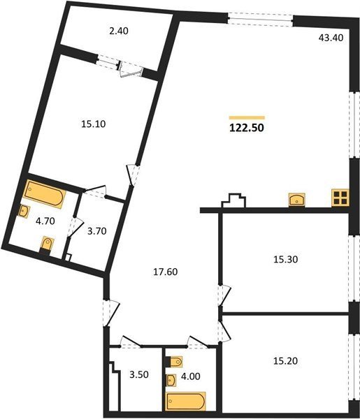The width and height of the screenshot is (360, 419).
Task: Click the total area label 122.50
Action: pyautogui.click(x=247, y=128)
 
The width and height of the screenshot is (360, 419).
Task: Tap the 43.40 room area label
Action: pyautogui.click(x=331, y=38)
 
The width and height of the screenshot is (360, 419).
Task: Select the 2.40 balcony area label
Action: pyautogui.click(x=118, y=31)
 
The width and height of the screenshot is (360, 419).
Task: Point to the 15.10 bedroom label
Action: pyautogui.click(x=94, y=124)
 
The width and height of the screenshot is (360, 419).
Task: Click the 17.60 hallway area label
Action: pyautogui.click(x=165, y=272)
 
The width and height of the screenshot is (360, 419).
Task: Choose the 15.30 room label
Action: pyautogui.click(x=286, y=259)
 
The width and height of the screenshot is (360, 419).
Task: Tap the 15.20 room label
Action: pyautogui.click(x=285, y=361)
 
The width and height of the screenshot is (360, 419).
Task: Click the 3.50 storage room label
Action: pyautogui.click(x=139, y=374)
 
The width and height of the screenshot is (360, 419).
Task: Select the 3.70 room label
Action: pyautogui.click(x=97, y=231)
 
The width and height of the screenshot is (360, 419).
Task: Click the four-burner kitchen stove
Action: pyautogui.click(x=340, y=198)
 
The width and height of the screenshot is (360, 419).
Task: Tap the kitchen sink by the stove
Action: pyautogui.click(x=296, y=199)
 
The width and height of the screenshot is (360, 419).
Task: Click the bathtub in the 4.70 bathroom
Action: pyautogui.click(x=45, y=193)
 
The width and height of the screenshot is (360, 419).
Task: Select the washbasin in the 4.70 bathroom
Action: pyautogui.click(x=24, y=212)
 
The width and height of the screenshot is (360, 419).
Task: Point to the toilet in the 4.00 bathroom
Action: pyautogui.click(x=174, y=362)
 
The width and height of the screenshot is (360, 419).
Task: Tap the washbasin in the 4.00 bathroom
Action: pyautogui.click(x=171, y=380)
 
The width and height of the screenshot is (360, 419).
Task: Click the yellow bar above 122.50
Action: pyautogui.click(x=247, y=117)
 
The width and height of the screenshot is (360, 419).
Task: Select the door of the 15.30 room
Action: pyautogui.click(x=224, y=295)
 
